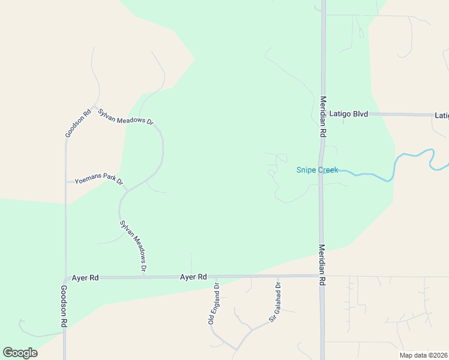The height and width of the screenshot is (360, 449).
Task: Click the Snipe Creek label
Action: point(317,170)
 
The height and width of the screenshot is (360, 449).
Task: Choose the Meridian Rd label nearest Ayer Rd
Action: point(322,264)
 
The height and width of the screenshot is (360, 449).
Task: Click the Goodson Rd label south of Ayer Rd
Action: point(64,305)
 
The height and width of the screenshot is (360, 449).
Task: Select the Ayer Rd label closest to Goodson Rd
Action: point(85,278)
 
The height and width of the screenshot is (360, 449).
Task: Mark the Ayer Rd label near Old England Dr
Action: point(193,277)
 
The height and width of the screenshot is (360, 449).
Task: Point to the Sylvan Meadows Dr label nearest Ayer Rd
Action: point(133,246)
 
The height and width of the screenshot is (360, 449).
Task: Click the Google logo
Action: point(20,353)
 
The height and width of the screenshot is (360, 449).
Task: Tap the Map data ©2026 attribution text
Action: point(423,355)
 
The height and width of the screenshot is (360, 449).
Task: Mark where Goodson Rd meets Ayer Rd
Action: point(65,278)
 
